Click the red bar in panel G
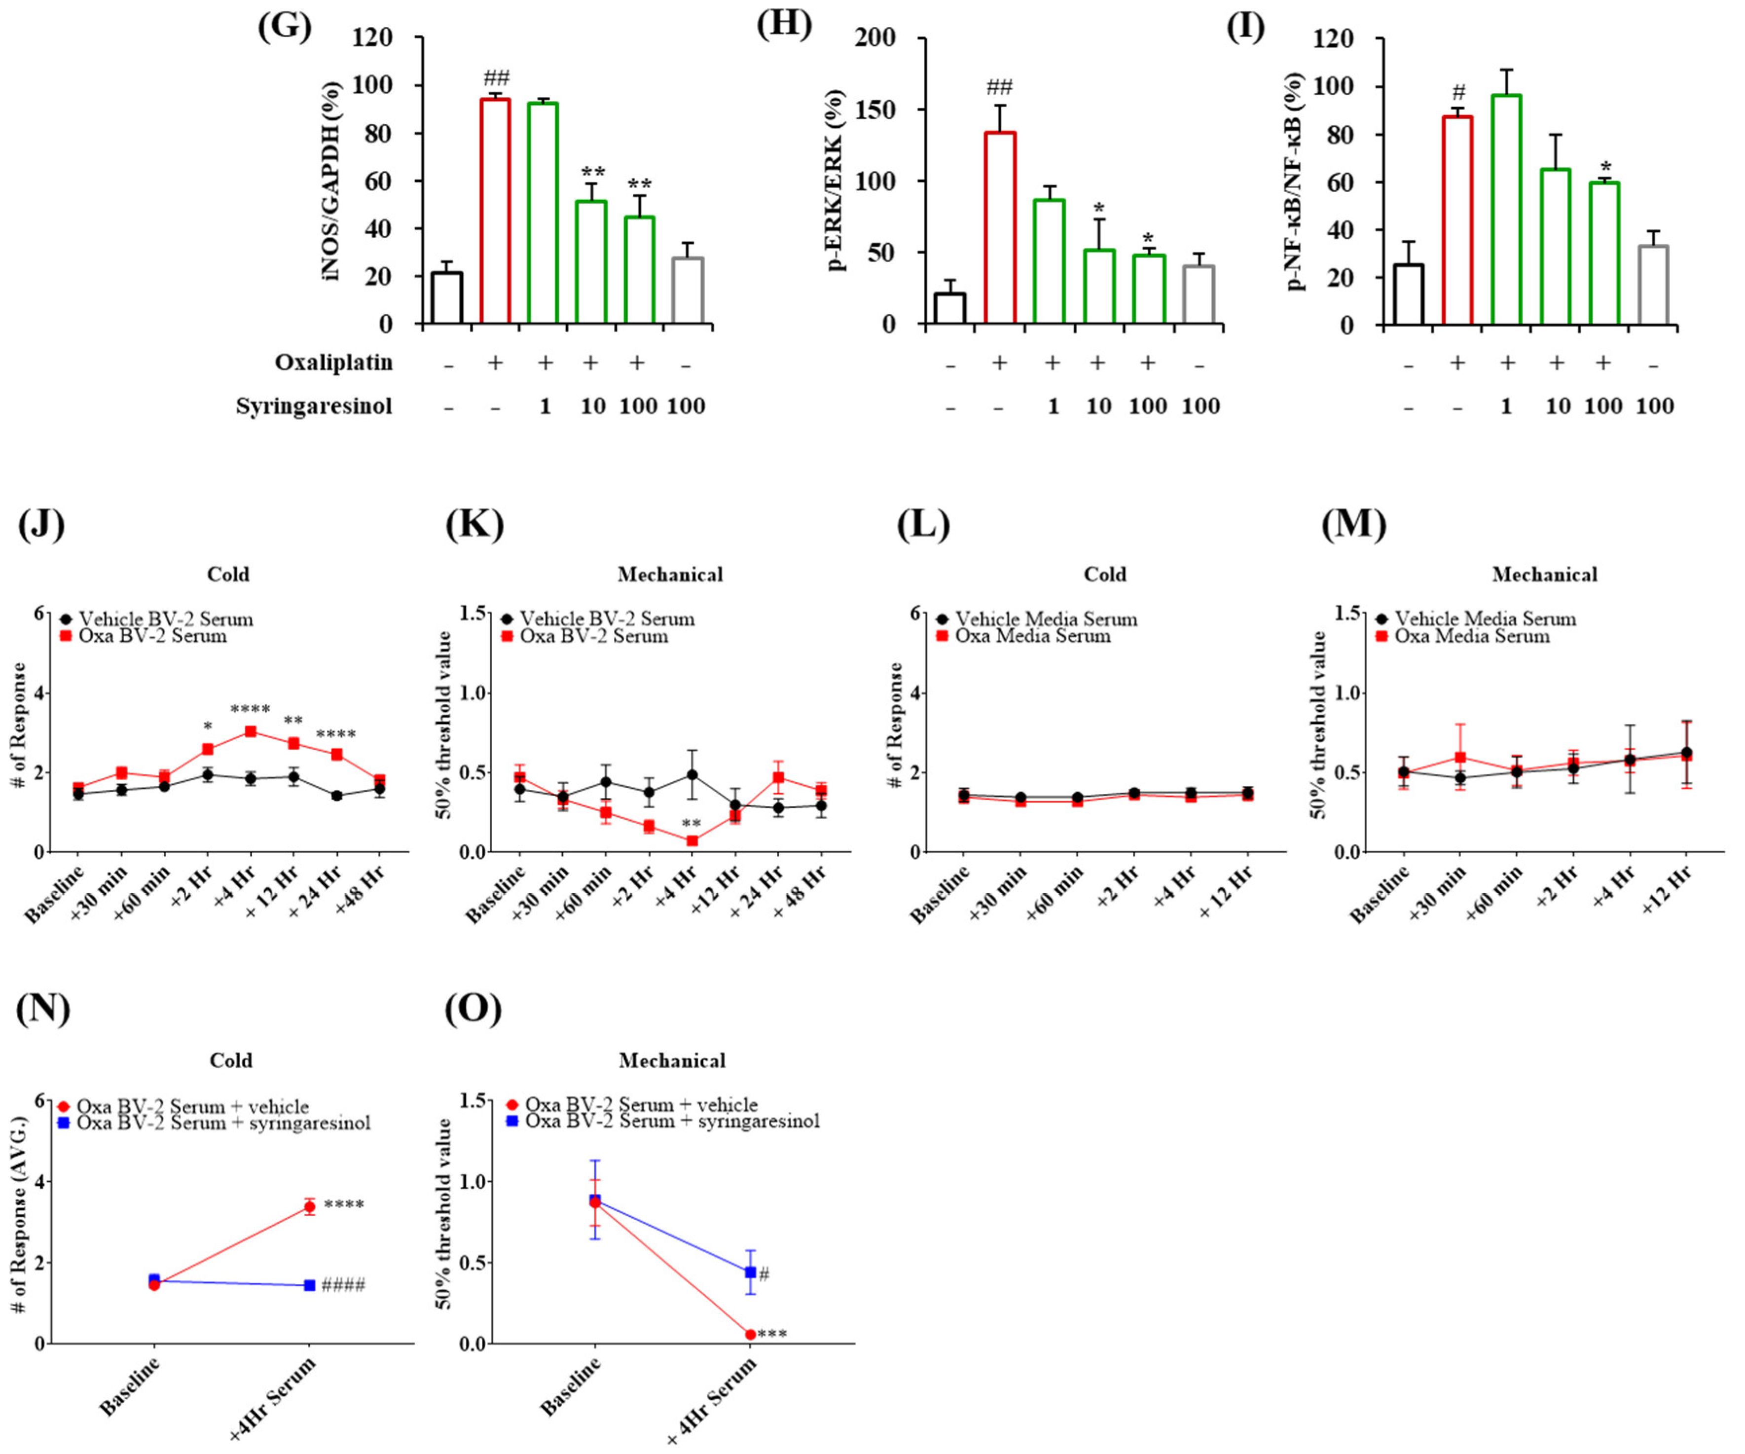pos(495,212)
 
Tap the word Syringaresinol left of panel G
pos(314,406)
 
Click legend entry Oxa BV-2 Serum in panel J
pos(153,636)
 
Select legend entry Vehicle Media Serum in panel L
pos(1045,619)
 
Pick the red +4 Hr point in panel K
pos(692,841)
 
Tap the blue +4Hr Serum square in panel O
pos(750,1272)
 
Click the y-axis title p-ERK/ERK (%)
pos(837,181)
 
